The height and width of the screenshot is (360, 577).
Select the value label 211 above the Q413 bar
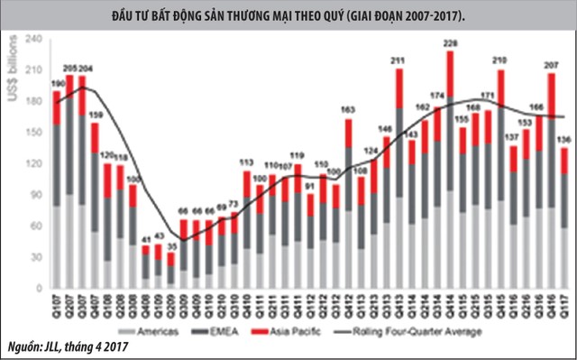[398, 61]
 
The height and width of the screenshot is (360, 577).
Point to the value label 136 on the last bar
[563, 140]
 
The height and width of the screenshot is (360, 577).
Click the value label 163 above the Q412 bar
[347, 110]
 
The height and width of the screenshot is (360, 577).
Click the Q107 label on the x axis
[56, 309]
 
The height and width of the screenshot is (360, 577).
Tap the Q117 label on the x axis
[563, 309]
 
